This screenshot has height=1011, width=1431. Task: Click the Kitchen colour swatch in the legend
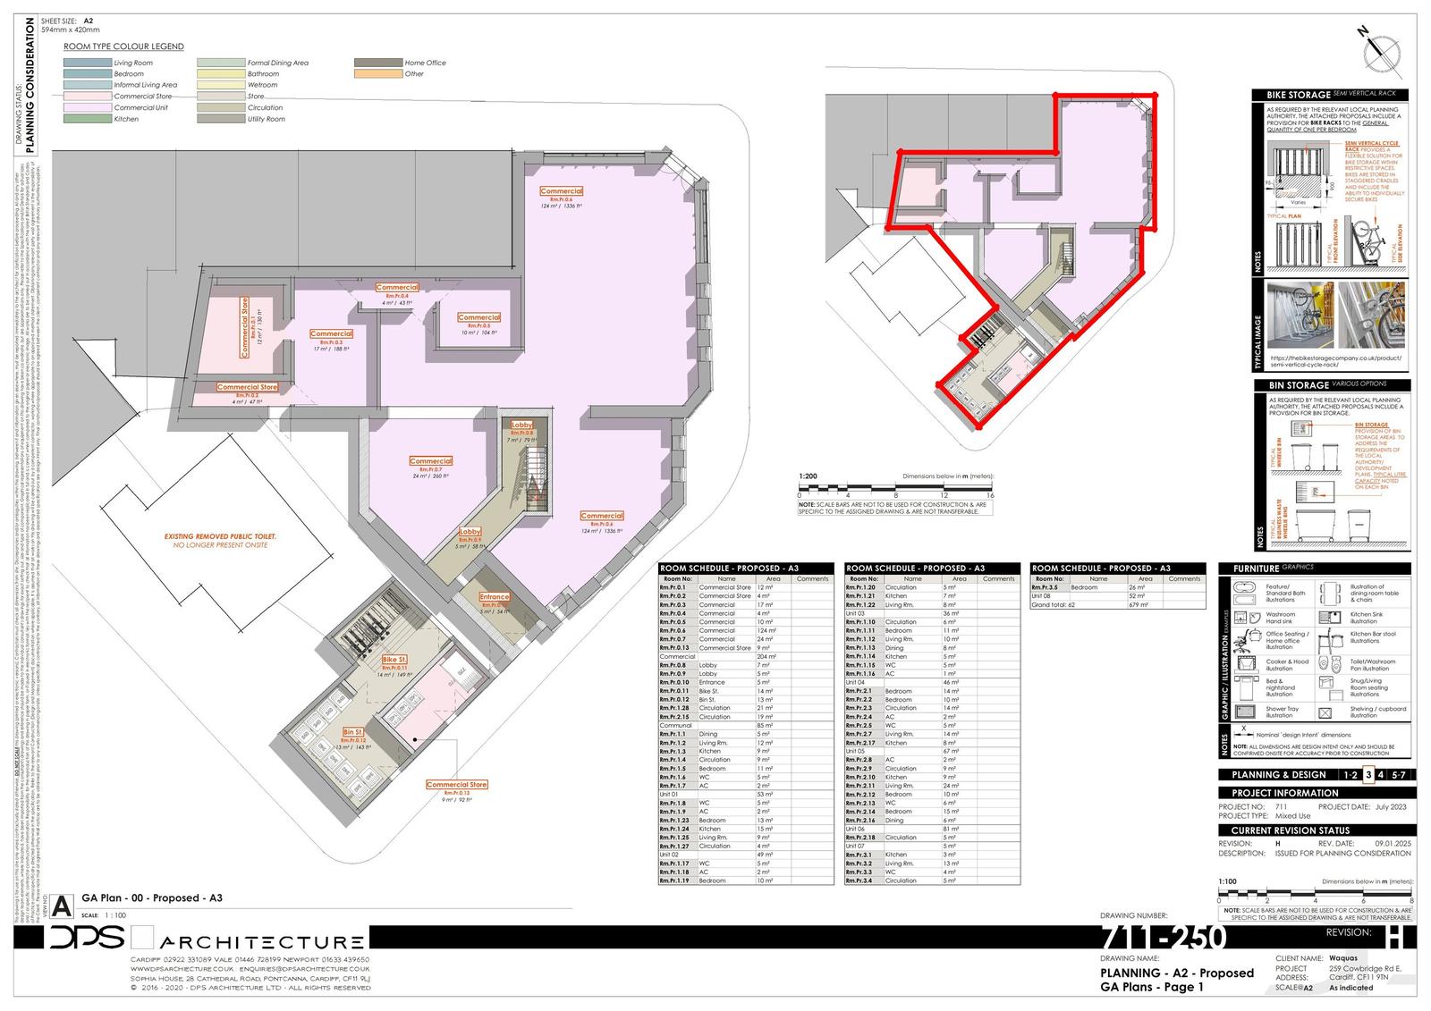click(87, 119)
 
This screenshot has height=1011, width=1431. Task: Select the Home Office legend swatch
click(377, 63)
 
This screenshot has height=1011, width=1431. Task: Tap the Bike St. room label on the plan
click(394, 660)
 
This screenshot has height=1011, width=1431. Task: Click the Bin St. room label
click(353, 732)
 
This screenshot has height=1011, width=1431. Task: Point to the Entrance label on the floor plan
click(494, 597)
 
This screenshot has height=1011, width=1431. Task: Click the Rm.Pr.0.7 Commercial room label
click(430, 461)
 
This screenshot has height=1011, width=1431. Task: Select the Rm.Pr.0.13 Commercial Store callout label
click(456, 785)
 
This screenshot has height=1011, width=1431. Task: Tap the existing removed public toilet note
click(220, 540)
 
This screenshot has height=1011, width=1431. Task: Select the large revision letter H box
click(1394, 937)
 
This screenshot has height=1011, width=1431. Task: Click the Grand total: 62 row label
click(1053, 605)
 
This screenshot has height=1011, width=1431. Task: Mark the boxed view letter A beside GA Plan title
click(63, 904)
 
